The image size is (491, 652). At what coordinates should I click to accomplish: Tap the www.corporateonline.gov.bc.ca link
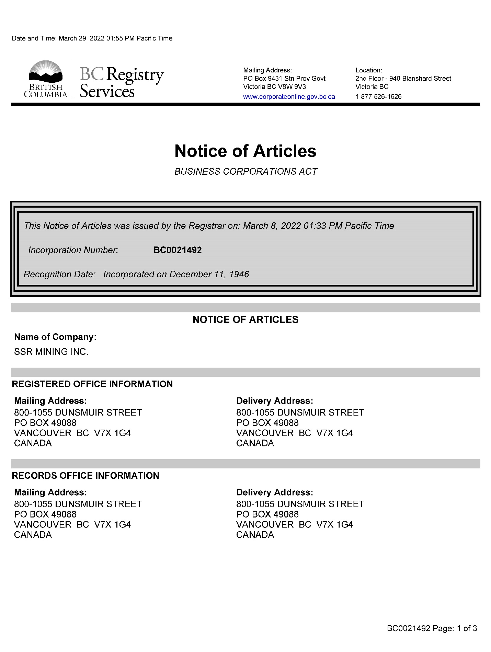pos(289,97)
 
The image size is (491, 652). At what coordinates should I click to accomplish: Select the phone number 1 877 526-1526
pos(378,96)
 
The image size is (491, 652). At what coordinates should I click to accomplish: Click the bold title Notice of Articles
pos(245,151)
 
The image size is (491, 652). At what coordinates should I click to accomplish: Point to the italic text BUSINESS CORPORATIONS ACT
pos(246,172)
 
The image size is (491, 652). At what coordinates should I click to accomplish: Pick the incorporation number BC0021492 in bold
pos(178,250)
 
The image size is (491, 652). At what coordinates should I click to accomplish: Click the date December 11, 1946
pos(209,274)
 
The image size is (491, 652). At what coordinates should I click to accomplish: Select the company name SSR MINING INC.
pos(51,352)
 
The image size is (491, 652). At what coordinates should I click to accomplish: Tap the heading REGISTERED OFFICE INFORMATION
pos(92,384)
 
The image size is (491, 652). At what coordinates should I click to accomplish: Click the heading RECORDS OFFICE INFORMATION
pos(85,476)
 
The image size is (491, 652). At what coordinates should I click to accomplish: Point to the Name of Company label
pos(55,337)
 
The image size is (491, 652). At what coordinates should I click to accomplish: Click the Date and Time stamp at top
pos(92,38)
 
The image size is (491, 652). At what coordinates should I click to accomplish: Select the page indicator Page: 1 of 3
pos(455,628)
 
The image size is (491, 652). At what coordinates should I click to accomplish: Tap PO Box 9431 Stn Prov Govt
pos(284,79)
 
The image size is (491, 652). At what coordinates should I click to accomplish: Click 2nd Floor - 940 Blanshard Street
pos(403,79)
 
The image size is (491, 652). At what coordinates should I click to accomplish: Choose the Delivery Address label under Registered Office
pos(275,401)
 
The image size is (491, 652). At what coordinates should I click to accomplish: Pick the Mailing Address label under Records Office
pos(50,492)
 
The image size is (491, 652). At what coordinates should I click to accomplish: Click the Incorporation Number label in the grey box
pos(73,250)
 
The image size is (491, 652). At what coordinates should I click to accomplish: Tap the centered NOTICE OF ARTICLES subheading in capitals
pos(245,319)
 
